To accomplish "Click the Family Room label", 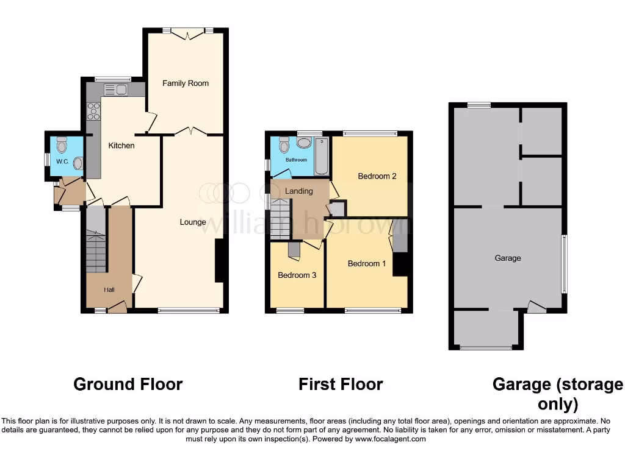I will [x=186, y=83].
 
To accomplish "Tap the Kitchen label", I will [x=121, y=146].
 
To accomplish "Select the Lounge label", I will [x=193, y=222].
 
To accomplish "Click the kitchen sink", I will [x=115, y=90].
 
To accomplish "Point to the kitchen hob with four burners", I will [x=94, y=111].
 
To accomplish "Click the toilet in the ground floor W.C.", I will [x=61, y=146].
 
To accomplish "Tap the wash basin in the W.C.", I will [x=78, y=163].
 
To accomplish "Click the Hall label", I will [x=109, y=289].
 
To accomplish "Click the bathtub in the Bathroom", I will [x=321, y=157].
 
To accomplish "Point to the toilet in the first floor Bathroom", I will [x=284, y=146].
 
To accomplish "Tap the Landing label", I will [x=299, y=191].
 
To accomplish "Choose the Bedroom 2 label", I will [x=377, y=177].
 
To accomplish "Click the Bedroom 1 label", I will [x=367, y=264].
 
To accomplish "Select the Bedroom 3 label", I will [x=297, y=275].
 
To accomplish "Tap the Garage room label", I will [x=508, y=258].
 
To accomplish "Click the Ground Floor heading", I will [x=128, y=385].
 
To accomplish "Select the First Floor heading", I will [x=341, y=385].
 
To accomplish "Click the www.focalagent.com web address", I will [x=391, y=439].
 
